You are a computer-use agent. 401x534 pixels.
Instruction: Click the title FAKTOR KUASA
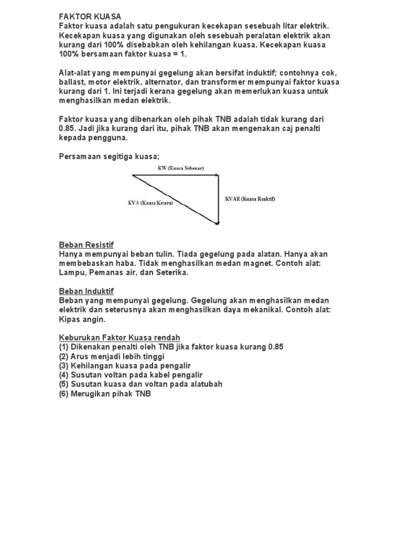coord(90,17)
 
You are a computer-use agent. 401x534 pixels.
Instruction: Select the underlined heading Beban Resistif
coord(86,245)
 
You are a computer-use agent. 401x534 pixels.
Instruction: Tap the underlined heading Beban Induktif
coord(86,291)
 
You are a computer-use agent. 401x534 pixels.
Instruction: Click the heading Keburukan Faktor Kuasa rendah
coord(120,337)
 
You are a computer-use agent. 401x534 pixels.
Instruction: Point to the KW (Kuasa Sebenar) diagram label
coord(180,168)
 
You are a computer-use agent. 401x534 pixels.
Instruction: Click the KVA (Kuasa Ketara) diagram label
coord(150,203)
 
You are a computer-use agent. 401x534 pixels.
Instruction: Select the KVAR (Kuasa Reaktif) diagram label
coord(250,199)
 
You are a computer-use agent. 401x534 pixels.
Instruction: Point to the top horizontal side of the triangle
coord(175,176)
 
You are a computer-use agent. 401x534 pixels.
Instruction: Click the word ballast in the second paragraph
coord(72,82)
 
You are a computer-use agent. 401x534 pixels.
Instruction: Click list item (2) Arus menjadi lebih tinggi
coord(112,356)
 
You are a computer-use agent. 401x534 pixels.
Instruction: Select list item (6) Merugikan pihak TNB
coord(104,394)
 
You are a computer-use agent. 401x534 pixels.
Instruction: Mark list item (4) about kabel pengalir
coord(131,375)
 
